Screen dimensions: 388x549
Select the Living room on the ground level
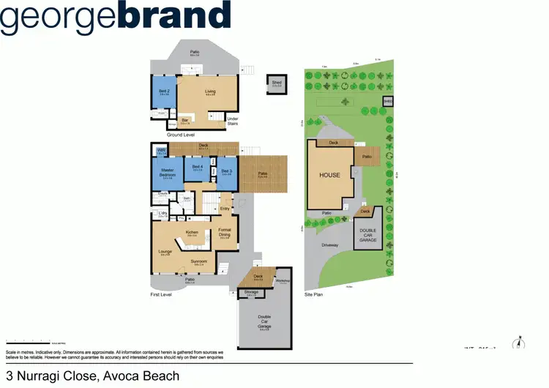(x=209, y=92)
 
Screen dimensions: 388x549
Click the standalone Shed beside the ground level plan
(x=276, y=83)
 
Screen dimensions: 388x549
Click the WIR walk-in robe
(x=160, y=152)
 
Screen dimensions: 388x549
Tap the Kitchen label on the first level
(x=192, y=233)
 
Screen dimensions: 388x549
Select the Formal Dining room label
(x=225, y=234)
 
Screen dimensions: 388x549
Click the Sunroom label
(x=200, y=261)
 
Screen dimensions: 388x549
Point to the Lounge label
(x=165, y=253)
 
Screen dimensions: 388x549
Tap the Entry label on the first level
(x=225, y=209)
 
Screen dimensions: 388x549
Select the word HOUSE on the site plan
(x=329, y=175)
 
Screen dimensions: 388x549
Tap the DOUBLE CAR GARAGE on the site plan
(x=367, y=234)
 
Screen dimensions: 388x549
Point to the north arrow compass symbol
(x=518, y=343)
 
